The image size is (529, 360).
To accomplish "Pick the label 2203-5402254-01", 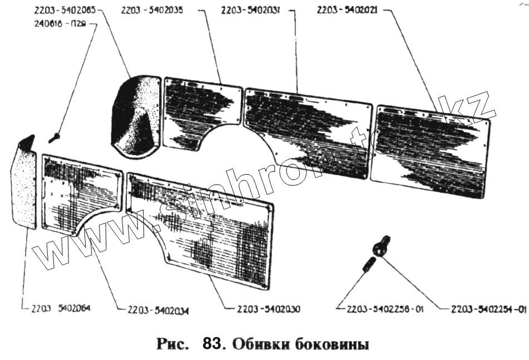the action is click(488, 309).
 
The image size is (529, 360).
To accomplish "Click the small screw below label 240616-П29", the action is click(55, 135).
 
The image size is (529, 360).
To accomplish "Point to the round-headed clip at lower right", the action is click(382, 245).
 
